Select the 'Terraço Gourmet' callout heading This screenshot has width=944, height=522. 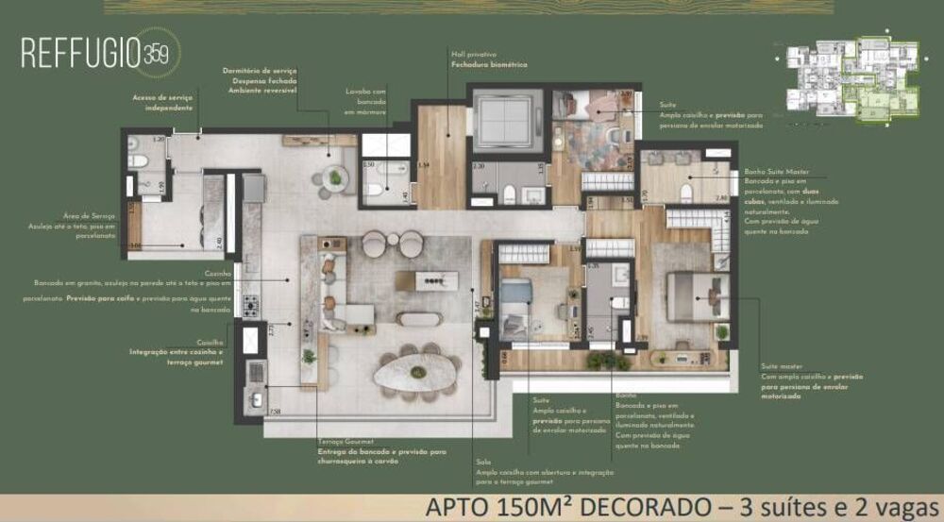pyautogui.click(x=346, y=442)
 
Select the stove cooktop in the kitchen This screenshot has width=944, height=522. pyautogui.click(x=251, y=306)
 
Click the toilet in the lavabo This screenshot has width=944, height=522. pyautogui.click(x=375, y=192)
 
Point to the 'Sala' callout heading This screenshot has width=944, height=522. pyautogui.click(x=482, y=462)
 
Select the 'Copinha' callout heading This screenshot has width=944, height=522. pyautogui.click(x=210, y=343)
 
